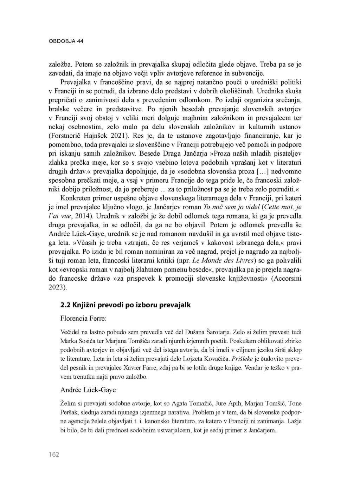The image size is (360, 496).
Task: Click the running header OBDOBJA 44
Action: [x=66, y=41]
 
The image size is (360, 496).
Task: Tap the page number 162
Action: [x=54, y=455]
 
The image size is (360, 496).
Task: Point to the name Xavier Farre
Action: [x=145, y=368]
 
